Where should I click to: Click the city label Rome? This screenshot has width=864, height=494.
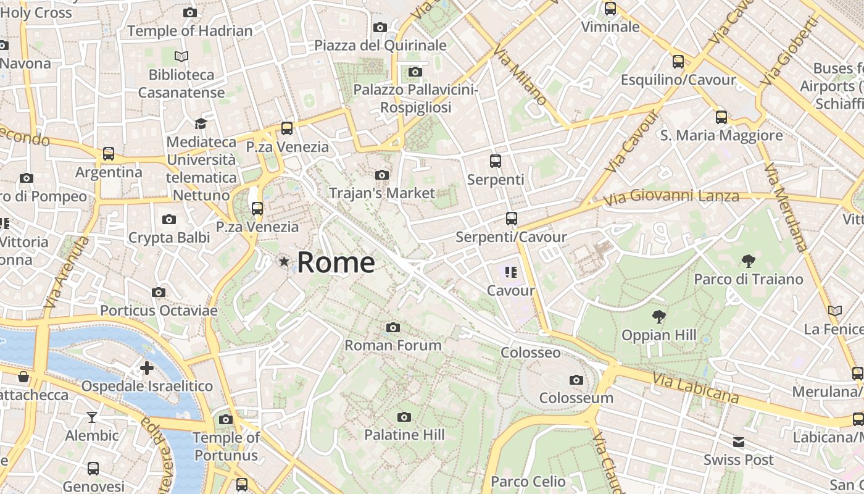click(x=336, y=262)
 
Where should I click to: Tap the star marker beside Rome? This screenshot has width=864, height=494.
click(x=284, y=262)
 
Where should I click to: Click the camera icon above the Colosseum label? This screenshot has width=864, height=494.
click(x=576, y=380)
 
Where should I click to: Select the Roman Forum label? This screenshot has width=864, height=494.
click(x=393, y=345)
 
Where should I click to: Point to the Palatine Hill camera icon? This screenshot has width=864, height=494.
click(x=404, y=417)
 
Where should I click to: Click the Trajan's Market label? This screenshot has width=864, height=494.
click(x=382, y=193)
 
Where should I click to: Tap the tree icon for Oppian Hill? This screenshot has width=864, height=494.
click(x=659, y=317)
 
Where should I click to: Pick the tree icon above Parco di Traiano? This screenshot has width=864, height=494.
click(x=749, y=261)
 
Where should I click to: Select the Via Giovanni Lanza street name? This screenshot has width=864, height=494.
click(x=671, y=198)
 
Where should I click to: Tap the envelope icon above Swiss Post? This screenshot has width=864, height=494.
click(x=739, y=442)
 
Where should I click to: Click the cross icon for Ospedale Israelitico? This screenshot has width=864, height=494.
click(x=147, y=369)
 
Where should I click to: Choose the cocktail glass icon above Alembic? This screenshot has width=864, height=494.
click(x=92, y=417)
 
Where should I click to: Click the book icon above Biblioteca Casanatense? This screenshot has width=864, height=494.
click(x=181, y=57)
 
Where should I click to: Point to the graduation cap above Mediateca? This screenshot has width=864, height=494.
click(x=201, y=124)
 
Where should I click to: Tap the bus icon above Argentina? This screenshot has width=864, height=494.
click(x=109, y=153)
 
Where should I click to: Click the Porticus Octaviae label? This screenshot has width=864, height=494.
click(x=159, y=310)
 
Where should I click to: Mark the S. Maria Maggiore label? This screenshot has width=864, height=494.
click(x=721, y=135)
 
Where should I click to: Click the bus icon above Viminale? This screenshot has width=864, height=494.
click(x=610, y=9)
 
